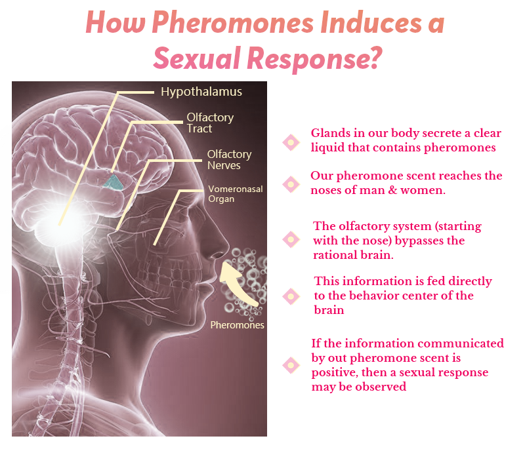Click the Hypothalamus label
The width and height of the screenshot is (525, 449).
click(201, 92)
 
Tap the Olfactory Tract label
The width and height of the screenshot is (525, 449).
click(209, 123)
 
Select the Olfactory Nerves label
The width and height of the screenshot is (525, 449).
click(229, 159)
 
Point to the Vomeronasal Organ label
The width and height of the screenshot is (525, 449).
click(235, 193)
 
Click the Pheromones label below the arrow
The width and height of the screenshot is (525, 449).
click(237, 324)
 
